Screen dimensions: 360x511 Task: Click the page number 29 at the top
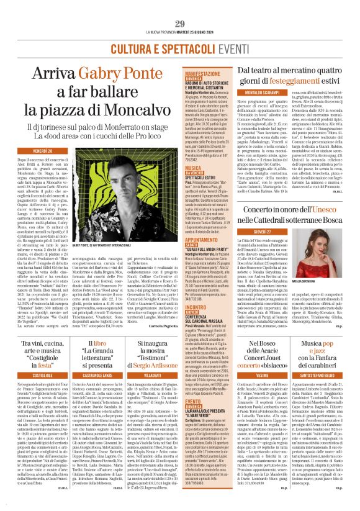(180, 6)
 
